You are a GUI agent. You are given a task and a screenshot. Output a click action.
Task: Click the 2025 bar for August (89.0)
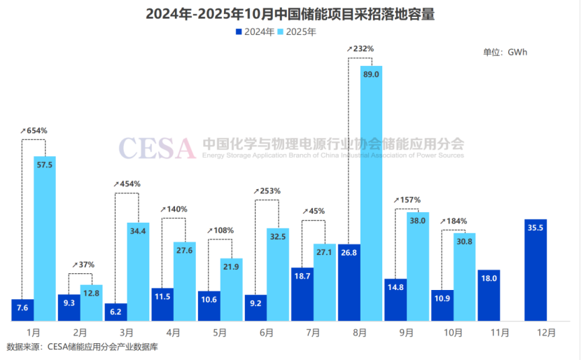[371, 193]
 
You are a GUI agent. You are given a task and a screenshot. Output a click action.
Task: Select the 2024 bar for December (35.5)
[535, 270]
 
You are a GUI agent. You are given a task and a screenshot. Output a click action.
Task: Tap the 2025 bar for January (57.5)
[45, 238]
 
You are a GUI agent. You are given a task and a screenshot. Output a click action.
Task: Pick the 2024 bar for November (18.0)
[489, 295]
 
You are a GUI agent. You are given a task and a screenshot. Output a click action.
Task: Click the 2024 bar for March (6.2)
[115, 312]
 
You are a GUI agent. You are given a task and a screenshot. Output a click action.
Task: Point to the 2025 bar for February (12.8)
[92, 303]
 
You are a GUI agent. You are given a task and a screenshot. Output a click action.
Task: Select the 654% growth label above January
[34, 130]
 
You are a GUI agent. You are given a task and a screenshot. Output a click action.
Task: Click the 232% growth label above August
[360, 48]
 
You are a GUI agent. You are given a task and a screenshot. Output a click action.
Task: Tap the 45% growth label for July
[314, 211]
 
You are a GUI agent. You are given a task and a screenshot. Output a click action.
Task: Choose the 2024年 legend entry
[255, 32]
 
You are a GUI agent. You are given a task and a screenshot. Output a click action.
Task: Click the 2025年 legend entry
[296, 32]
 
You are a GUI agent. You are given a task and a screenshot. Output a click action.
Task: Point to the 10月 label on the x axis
[453, 333]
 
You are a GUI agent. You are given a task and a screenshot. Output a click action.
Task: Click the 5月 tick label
[220, 333]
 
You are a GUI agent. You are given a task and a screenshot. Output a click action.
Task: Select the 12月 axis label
[546, 333]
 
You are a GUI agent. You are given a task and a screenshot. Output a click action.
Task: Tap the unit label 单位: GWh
[505, 53]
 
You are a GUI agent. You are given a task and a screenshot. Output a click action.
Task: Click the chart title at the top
[290, 14]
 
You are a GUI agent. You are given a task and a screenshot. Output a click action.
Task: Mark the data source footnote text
[83, 347]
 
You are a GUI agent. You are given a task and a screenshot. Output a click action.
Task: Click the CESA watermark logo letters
[157, 148]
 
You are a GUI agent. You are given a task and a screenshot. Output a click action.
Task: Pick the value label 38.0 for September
[418, 221]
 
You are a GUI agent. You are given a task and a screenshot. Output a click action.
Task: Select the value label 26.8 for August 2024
[349, 252]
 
